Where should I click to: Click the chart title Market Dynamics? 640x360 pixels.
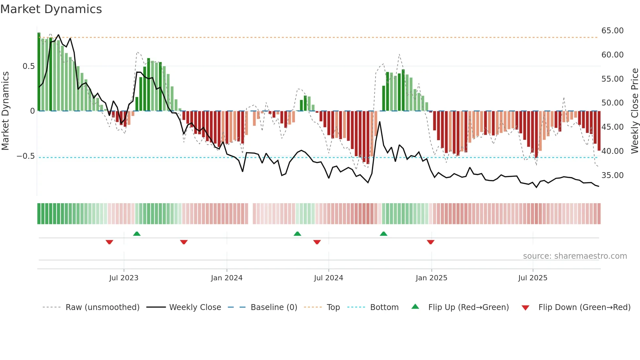click(51, 9)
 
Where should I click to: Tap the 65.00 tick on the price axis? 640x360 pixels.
click(612, 31)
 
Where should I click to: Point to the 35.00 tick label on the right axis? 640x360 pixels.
click(612, 175)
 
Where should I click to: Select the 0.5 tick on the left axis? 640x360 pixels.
click(28, 66)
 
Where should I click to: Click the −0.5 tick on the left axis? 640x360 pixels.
click(26, 156)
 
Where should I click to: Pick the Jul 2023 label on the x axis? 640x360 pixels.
click(124, 278)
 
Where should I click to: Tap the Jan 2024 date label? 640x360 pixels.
click(227, 278)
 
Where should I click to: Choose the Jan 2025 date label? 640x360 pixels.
click(431, 278)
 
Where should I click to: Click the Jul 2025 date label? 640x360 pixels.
click(533, 278)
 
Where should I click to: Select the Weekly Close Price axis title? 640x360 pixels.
click(634, 111)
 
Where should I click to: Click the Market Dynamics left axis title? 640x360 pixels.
click(5, 111)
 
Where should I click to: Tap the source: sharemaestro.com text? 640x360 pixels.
click(575, 256)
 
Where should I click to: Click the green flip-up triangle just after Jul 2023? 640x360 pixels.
click(137, 234)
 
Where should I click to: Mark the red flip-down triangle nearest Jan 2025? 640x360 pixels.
click(430, 242)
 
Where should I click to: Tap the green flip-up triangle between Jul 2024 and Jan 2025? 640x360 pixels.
click(384, 234)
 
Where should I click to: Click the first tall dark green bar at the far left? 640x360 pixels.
click(39, 72)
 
